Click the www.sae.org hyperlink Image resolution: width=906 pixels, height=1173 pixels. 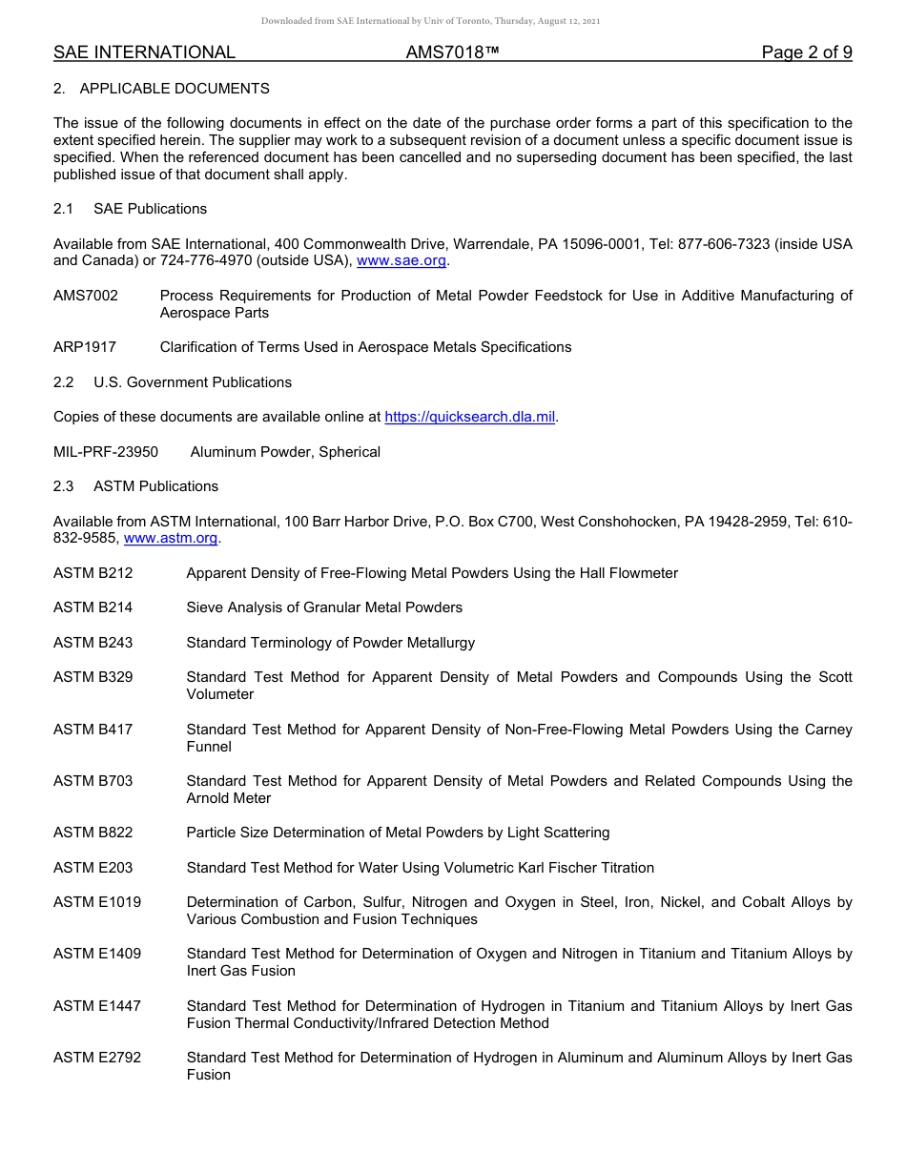pos(402,261)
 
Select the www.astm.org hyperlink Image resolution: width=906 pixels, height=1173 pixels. pos(171,538)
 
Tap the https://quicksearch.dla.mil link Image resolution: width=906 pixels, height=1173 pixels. pos(469,417)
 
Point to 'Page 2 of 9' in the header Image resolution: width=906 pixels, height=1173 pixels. pos(806,52)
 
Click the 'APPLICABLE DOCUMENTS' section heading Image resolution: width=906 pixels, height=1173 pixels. pos(175,89)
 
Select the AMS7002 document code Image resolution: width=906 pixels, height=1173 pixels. pos(86,296)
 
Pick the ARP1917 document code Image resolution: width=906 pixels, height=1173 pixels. pos(85,347)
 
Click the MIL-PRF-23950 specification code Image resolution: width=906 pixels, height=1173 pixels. pos(106,452)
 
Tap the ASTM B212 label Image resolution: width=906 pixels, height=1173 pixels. pos(93,573)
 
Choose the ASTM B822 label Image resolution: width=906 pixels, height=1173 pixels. pos(93,833)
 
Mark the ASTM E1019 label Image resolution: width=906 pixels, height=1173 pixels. pos(97,902)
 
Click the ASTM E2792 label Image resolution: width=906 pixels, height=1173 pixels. pos(97,1058)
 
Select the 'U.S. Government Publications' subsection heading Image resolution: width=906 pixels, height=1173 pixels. pos(193,382)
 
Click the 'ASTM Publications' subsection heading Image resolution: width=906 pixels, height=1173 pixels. pos(155,486)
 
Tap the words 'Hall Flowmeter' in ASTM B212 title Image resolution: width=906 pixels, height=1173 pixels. pos(630,573)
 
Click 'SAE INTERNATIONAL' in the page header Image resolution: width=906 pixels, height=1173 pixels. pos(144,52)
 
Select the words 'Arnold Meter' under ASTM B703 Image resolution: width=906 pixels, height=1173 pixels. pos(229,798)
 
